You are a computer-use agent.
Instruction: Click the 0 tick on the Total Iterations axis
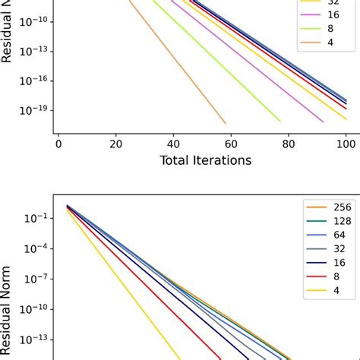(x=58, y=143)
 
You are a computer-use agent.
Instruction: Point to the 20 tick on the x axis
(x=116, y=143)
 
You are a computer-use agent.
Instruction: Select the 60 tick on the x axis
(x=231, y=143)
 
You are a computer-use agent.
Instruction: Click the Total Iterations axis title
(x=205, y=160)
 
